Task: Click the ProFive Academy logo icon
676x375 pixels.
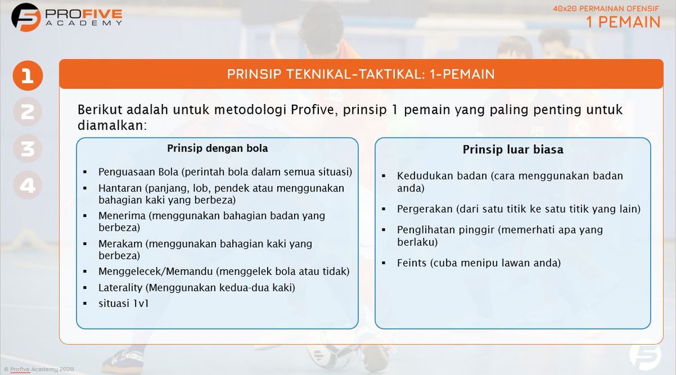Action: (x=26, y=17)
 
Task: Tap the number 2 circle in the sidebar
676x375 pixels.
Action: (x=28, y=112)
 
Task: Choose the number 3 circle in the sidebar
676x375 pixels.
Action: (x=28, y=149)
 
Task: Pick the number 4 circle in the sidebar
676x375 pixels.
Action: (x=28, y=185)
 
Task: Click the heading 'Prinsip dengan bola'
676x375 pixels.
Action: (x=217, y=149)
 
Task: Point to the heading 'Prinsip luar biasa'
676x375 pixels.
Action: (x=513, y=150)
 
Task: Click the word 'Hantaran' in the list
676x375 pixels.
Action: (x=120, y=188)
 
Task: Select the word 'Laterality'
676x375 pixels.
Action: (x=121, y=288)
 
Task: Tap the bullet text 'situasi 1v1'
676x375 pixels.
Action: (x=123, y=303)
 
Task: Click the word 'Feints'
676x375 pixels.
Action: (x=411, y=263)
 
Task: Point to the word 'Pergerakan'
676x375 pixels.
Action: (x=424, y=209)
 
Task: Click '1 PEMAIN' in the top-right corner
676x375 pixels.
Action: (x=623, y=22)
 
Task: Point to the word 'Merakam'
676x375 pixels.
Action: (x=120, y=244)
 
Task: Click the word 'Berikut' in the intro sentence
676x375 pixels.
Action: (x=99, y=110)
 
